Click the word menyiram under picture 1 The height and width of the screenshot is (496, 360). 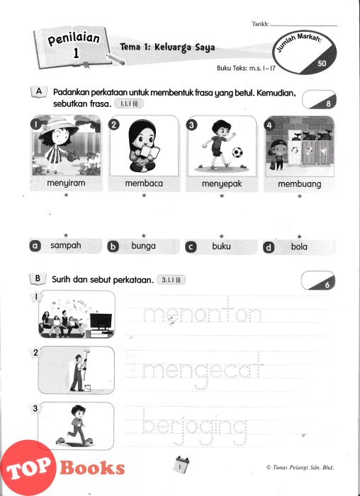point(66,183)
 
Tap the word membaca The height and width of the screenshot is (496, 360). point(144,184)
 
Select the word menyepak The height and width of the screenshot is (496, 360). point(222,184)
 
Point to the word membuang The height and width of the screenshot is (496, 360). point(300,184)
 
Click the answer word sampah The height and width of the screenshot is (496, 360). point(66,246)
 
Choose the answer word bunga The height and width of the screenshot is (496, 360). point(144,246)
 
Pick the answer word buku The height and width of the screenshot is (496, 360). point(221,246)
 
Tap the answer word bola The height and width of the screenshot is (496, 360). point(299,247)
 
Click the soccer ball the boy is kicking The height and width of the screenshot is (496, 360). point(237,152)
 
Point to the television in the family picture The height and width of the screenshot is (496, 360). point(101,321)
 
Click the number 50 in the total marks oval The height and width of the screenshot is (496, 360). point(322,63)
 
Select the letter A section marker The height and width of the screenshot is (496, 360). point(39,91)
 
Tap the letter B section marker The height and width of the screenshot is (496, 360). point(38,278)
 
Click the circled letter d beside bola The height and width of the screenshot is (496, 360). point(269,247)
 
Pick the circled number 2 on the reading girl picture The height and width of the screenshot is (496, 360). point(114,125)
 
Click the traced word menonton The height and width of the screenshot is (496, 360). point(203,313)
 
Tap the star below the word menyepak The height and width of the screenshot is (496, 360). point(222,196)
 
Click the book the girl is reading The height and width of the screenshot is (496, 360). point(150,152)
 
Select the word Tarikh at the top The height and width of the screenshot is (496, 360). point(260,23)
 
